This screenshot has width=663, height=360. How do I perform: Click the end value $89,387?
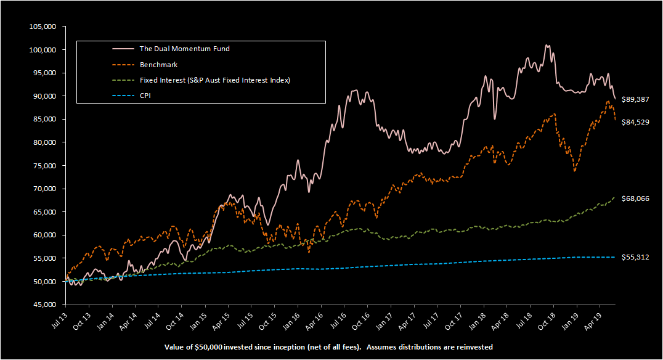click(x=635, y=99)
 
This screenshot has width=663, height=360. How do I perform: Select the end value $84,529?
click(x=635, y=122)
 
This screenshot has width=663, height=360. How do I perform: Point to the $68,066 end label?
click(x=635, y=198)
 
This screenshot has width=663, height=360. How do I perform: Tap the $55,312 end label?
click(x=635, y=256)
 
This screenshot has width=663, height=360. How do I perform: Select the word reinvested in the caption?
click(x=473, y=347)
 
